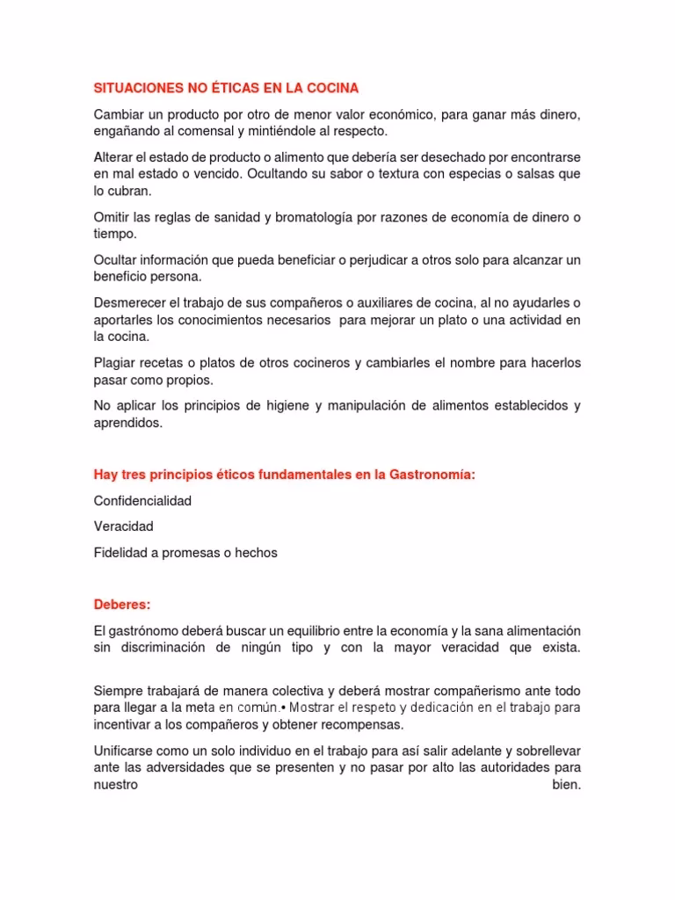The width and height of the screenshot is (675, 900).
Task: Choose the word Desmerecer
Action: (129, 302)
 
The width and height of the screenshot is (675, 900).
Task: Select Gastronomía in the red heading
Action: (432, 475)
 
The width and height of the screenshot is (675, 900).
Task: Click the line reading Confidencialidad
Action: (142, 501)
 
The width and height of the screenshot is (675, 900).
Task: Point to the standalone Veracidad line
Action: (124, 526)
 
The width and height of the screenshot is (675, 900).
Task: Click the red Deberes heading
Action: (122, 605)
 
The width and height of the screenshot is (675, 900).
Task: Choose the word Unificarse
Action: (126, 751)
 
